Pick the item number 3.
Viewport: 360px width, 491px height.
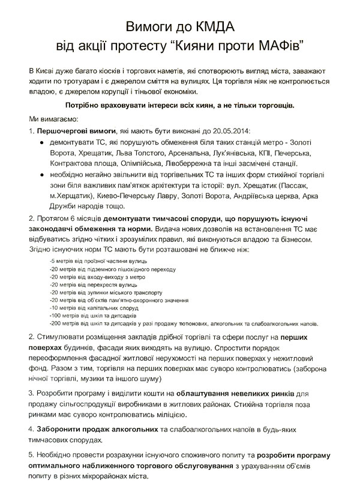[x=31, y=393]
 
